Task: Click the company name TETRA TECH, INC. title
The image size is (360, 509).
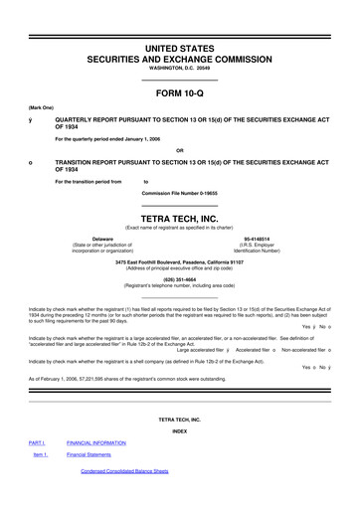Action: [179, 224]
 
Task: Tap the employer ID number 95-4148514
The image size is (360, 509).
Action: [260, 240]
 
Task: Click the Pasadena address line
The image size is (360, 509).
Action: [179, 261]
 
